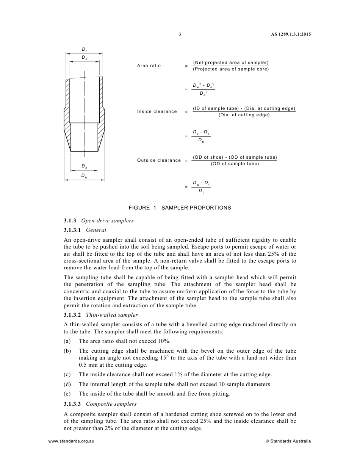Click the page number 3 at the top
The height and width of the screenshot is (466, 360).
pyautogui.click(x=180, y=34)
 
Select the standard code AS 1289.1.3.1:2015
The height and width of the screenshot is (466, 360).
pyautogui.click(x=291, y=34)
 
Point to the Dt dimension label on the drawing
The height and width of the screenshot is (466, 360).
pyautogui.click(x=84, y=50)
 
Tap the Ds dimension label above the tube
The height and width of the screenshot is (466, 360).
pyautogui.click(x=84, y=58)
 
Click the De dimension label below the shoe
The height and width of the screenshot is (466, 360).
pyautogui.click(x=84, y=166)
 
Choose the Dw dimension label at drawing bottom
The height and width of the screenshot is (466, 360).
pyautogui.click(x=84, y=176)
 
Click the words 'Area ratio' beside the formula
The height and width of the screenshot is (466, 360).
pyautogui.click(x=149, y=66)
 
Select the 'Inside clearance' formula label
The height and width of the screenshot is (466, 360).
pyautogui.click(x=157, y=111)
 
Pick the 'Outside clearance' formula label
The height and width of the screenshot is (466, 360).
pyautogui.click(x=159, y=160)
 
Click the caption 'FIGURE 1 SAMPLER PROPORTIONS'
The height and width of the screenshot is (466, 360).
pyautogui.click(x=180, y=208)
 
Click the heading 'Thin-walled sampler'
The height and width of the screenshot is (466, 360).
pyautogui.click(x=112, y=315)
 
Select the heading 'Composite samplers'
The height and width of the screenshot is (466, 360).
pyautogui.click(x=111, y=404)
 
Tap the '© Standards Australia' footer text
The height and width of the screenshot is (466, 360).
pyautogui.click(x=288, y=441)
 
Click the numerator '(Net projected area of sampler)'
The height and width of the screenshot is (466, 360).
pyautogui.click(x=230, y=63)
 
